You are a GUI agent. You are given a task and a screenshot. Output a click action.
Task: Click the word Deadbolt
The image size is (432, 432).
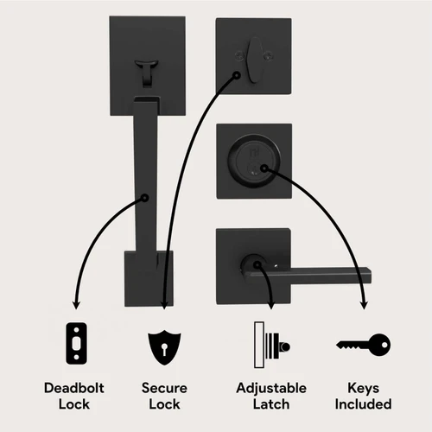(x=74, y=388)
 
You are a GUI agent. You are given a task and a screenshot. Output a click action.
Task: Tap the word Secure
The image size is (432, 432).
(x=164, y=388)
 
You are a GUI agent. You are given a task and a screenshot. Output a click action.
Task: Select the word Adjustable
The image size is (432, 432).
(x=271, y=389)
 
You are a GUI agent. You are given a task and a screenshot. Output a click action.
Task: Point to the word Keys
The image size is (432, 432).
(x=363, y=389)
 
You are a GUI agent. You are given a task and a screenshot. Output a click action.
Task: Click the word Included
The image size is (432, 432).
(x=363, y=403)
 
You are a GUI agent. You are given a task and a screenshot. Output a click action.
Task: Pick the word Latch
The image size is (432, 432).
(x=271, y=403)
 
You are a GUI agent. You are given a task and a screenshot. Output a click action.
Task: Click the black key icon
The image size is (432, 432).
(x=364, y=345)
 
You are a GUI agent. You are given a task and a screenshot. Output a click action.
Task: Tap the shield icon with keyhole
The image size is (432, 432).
(x=164, y=347)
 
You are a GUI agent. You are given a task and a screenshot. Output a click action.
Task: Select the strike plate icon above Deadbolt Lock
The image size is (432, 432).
(x=76, y=343)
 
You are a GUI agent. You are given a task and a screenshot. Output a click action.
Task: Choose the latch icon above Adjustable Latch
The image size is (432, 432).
(x=272, y=345)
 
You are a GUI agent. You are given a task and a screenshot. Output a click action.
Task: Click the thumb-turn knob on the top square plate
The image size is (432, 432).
(x=254, y=60)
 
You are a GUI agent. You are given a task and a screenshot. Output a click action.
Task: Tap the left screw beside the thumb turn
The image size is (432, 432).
(x=238, y=55)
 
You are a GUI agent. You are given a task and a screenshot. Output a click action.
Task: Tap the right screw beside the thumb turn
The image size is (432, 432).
(x=269, y=55)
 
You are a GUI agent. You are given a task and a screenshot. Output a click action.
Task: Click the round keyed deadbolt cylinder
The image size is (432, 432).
(x=254, y=162)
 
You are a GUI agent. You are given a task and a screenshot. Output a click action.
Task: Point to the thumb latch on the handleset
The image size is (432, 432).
(x=147, y=72)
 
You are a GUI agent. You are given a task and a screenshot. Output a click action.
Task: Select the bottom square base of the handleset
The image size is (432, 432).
(x=149, y=278)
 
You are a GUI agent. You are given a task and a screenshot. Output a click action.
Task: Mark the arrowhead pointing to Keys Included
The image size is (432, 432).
(x=365, y=305)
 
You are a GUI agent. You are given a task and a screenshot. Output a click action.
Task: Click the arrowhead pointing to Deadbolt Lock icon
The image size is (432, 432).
(x=76, y=305)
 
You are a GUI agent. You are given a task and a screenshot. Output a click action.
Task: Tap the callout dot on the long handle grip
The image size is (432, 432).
(x=145, y=198)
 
